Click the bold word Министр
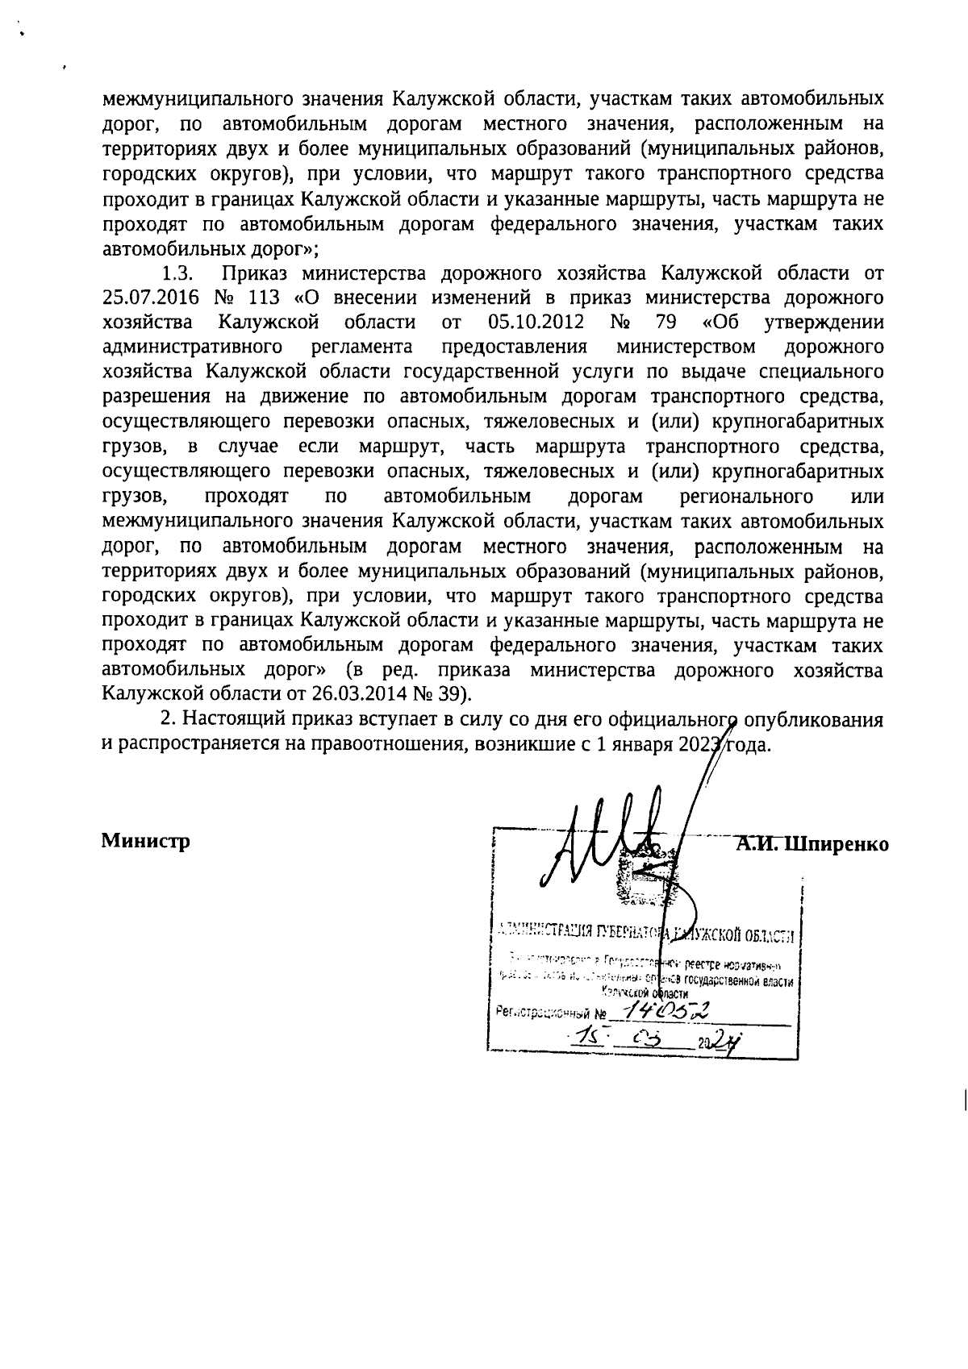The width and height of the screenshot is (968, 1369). pos(145,842)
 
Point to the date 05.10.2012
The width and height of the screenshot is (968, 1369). pos(535,322)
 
